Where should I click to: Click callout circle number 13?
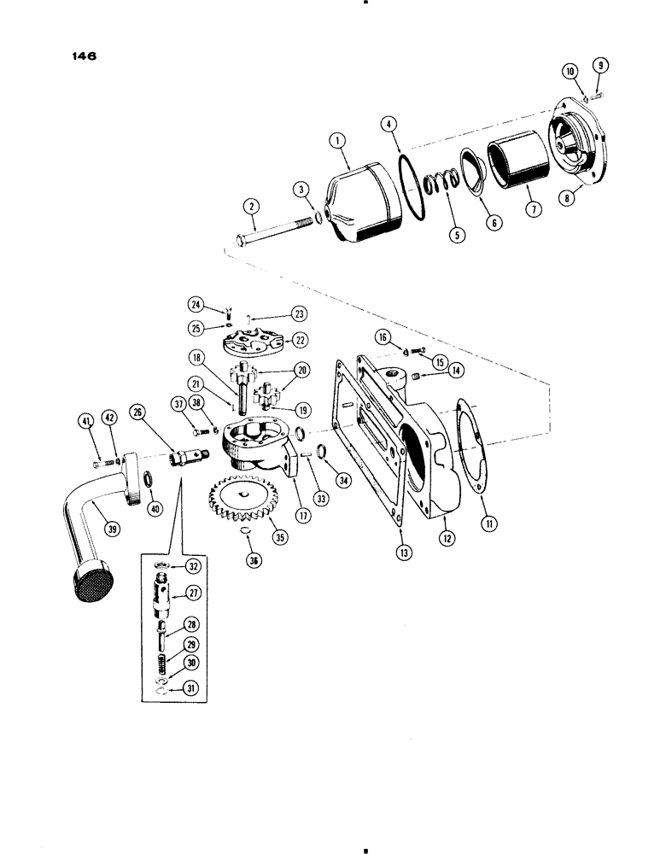click(x=404, y=552)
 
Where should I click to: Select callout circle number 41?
click(x=85, y=419)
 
